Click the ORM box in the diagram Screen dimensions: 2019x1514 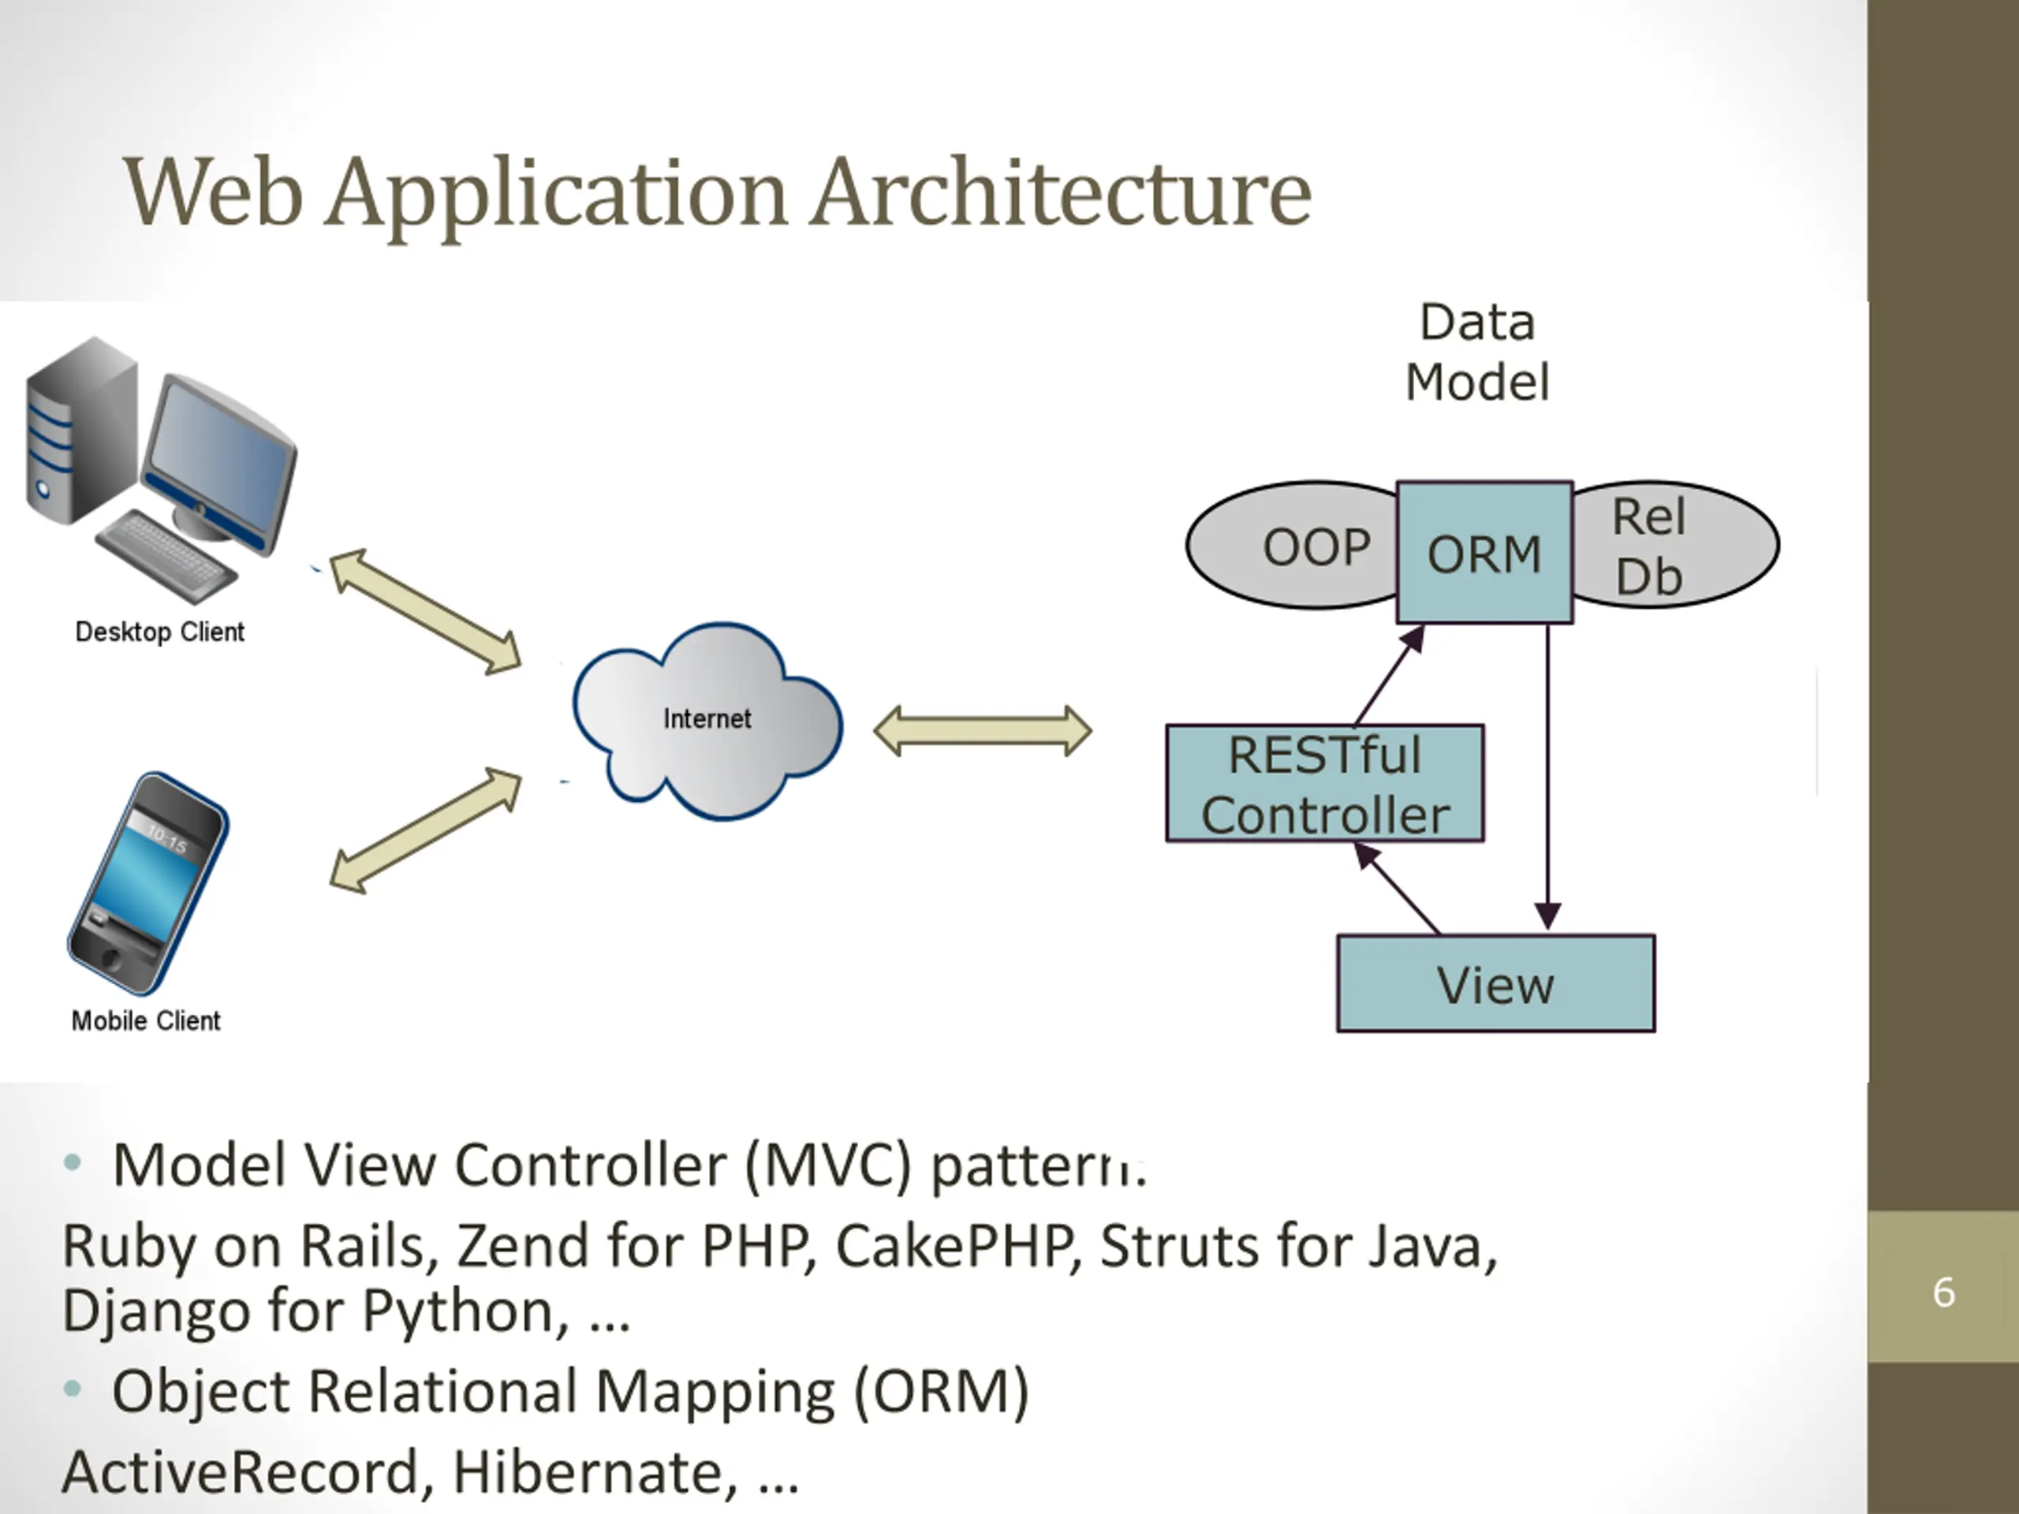click(x=1484, y=553)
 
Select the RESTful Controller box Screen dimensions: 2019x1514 click(x=1324, y=783)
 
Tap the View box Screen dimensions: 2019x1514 click(x=1495, y=983)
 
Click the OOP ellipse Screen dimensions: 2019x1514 click(x=1293, y=546)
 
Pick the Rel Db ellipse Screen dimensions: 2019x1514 click(x=1675, y=545)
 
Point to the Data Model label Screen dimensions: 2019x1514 click(x=1477, y=352)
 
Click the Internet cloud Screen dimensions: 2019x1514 click(x=707, y=720)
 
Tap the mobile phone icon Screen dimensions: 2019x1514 click(x=147, y=883)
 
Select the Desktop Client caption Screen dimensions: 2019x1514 click(x=160, y=632)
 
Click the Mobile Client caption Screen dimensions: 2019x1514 click(x=146, y=1020)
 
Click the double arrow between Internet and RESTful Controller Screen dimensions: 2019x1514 click(x=982, y=731)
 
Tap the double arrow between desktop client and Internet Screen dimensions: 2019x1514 click(x=425, y=611)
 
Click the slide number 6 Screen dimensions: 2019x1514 click(x=1943, y=1292)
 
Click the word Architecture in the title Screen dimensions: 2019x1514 click(x=1062, y=192)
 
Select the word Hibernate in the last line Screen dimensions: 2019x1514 click(x=594, y=1471)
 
